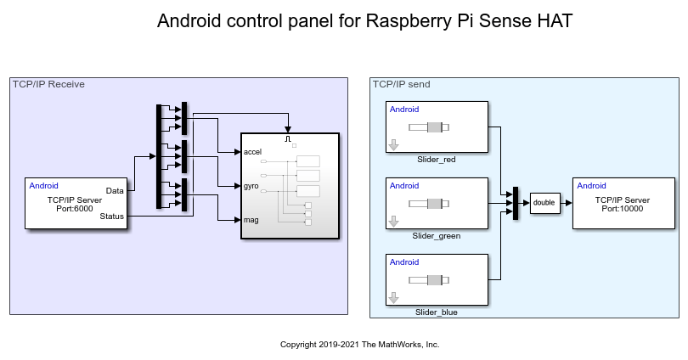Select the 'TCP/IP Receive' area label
click(48, 84)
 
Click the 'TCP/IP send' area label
click(403, 84)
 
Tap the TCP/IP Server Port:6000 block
click(75, 203)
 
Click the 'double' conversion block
click(544, 203)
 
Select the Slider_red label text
click(437, 159)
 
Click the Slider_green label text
click(437, 236)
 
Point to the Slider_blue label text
click(437, 312)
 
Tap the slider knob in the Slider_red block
click(434, 127)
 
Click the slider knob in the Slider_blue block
click(434, 280)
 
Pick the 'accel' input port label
click(252, 152)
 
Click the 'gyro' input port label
click(251, 185)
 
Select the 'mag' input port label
click(251, 219)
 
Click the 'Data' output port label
click(115, 190)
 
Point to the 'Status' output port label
click(111, 217)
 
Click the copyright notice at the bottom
click(359, 345)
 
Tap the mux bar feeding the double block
click(516, 203)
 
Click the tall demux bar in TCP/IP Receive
click(159, 157)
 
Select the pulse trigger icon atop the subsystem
click(289, 138)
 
